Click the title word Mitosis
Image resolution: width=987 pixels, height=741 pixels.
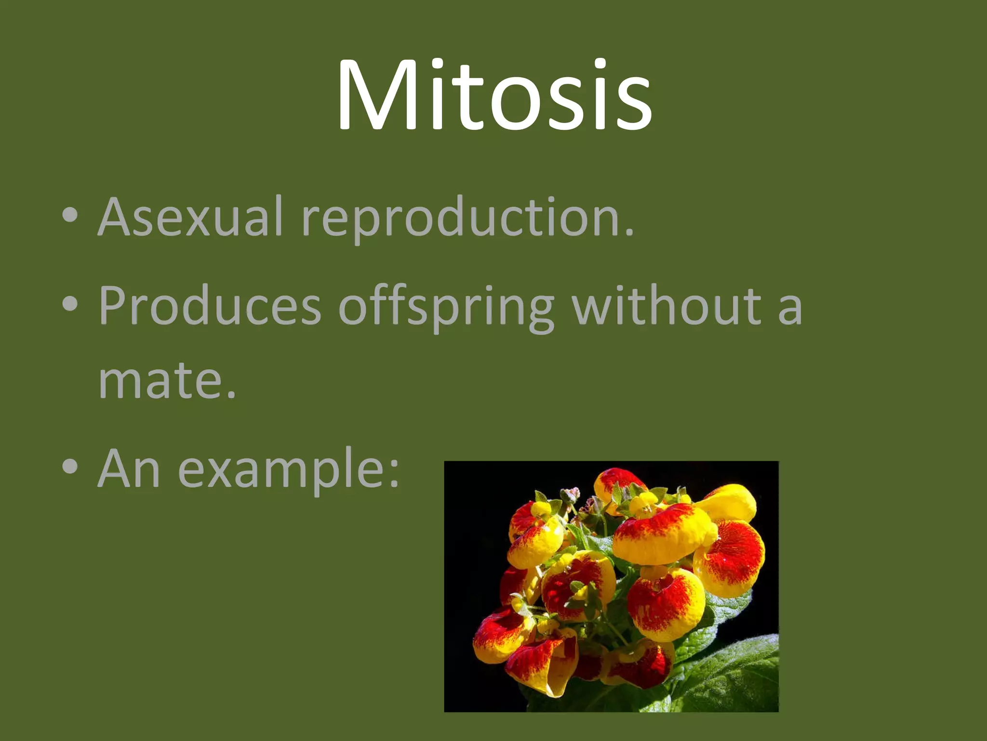click(494, 95)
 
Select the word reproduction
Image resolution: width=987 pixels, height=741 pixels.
click(460, 218)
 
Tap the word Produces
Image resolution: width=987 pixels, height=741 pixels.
click(210, 306)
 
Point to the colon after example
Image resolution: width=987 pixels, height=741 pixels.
click(394, 475)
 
